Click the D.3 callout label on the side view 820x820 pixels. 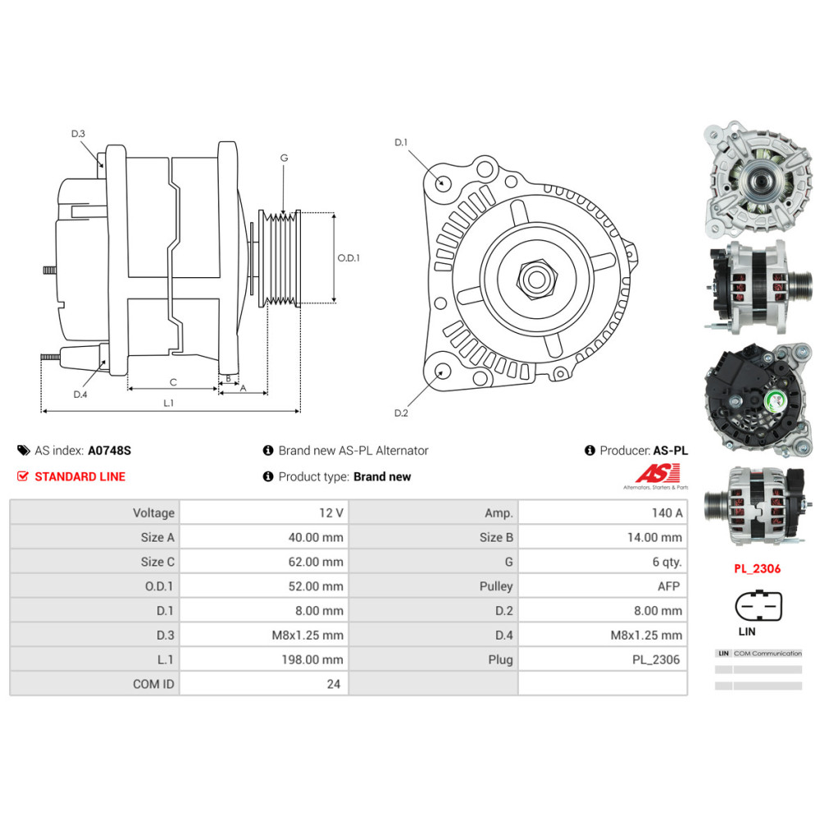click(x=78, y=134)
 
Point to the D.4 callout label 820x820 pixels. click(x=80, y=394)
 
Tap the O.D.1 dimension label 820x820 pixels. click(x=348, y=257)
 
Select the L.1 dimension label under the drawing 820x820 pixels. click(x=169, y=403)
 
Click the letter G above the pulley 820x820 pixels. click(x=284, y=157)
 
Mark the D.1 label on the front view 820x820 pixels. click(x=401, y=143)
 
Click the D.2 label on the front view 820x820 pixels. click(x=401, y=412)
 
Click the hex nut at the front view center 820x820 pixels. click(x=535, y=280)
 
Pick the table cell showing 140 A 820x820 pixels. click(x=603, y=512)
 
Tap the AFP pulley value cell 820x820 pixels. click(x=603, y=586)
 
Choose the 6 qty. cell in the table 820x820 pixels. click(x=603, y=562)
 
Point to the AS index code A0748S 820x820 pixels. click(x=110, y=450)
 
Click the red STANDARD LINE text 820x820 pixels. click(x=80, y=476)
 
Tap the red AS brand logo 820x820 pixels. click(x=658, y=473)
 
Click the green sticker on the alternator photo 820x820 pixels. click(x=773, y=402)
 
